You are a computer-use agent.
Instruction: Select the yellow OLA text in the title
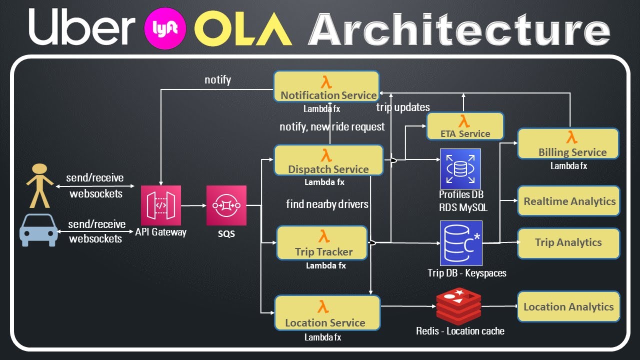point(242,28)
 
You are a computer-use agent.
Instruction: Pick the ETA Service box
point(465,126)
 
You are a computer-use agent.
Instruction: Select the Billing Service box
point(568,144)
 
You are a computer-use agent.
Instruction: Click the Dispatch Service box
point(328,160)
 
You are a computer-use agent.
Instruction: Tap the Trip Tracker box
point(322,243)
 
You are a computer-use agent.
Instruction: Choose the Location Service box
point(327,313)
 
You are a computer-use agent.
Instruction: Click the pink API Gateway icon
point(161,205)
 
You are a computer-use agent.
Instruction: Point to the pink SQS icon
point(226,205)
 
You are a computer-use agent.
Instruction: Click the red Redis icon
point(458,306)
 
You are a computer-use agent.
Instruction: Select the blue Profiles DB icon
point(460,168)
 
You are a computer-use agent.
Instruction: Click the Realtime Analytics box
point(569,201)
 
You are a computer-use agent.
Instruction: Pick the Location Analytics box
point(569,306)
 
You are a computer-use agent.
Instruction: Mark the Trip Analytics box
point(569,243)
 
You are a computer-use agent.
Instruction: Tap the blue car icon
point(38,230)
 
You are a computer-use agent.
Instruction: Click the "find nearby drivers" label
point(327,204)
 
